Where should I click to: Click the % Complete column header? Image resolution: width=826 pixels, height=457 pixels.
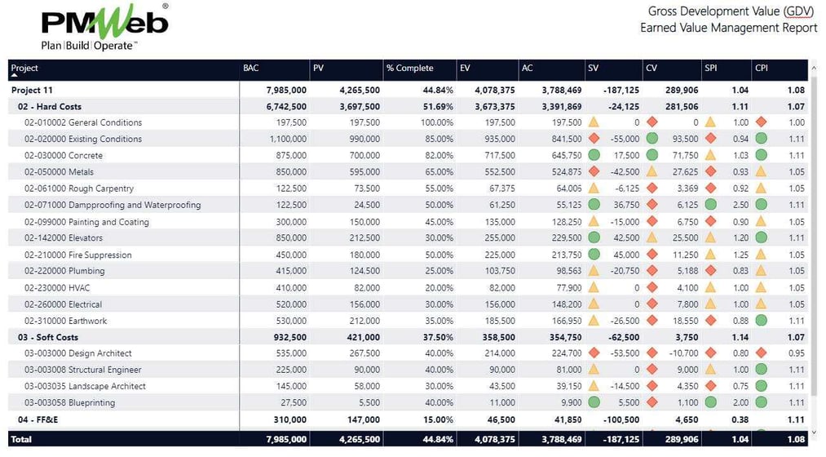410,69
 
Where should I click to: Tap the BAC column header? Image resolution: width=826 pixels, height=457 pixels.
251,69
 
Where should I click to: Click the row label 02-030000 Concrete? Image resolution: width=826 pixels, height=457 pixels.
64,156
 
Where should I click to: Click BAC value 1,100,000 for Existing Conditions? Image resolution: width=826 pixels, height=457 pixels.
284,140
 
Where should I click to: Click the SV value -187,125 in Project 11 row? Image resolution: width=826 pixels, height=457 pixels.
617,90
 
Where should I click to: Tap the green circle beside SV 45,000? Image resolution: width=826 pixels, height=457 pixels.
594,255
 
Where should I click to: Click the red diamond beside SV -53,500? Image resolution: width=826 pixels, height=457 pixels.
594,353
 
